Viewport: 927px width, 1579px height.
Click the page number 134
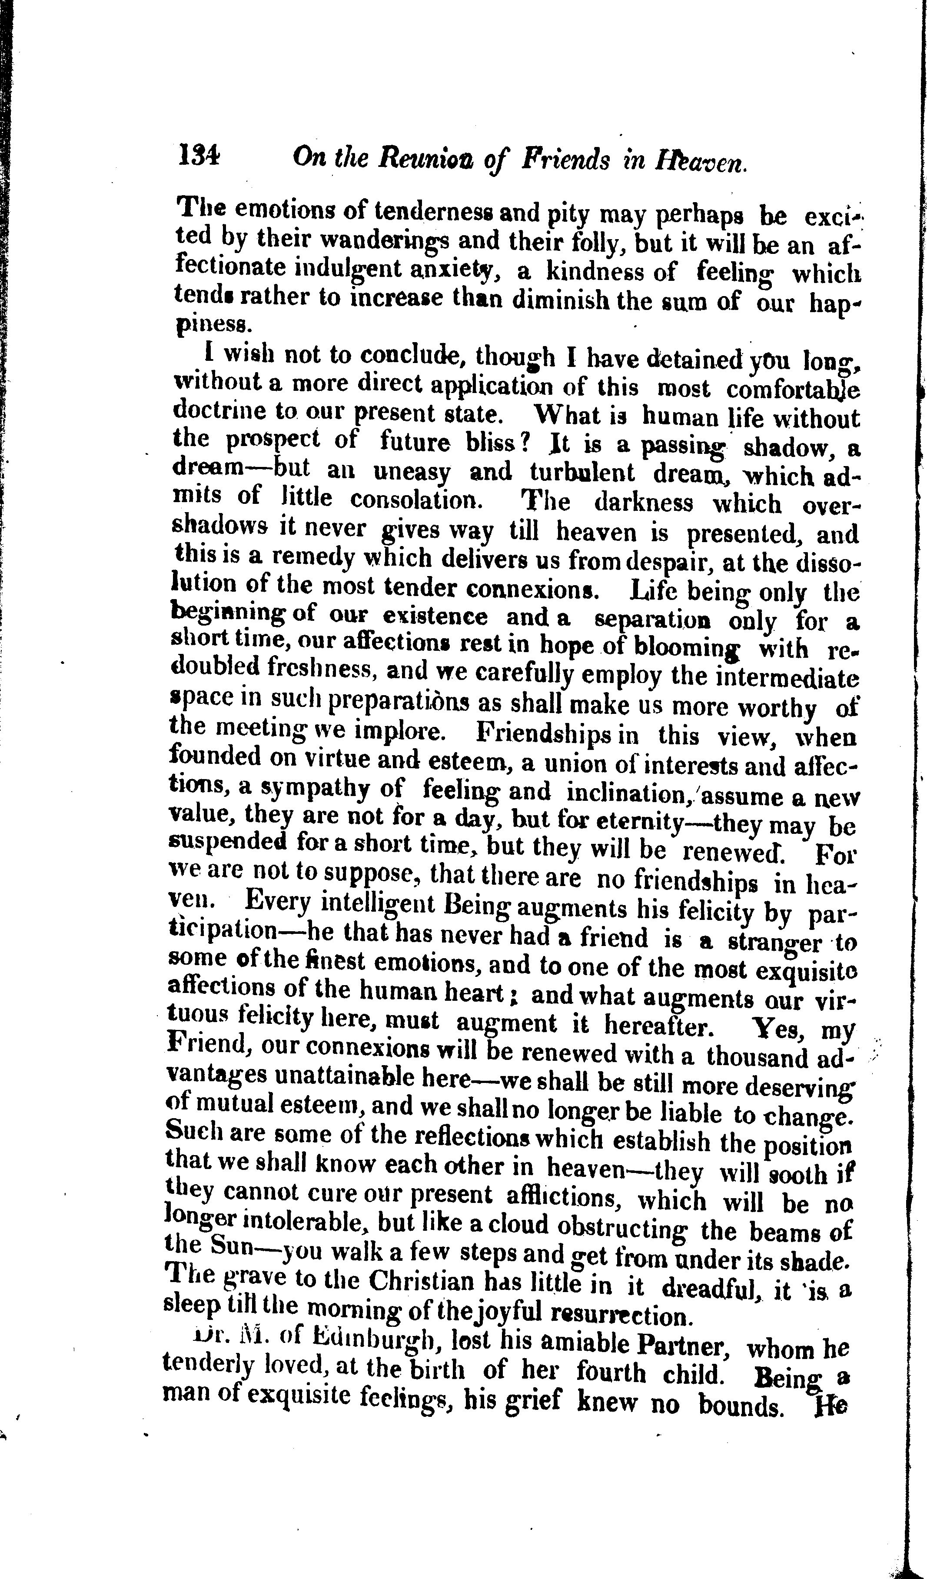pyautogui.click(x=199, y=154)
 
